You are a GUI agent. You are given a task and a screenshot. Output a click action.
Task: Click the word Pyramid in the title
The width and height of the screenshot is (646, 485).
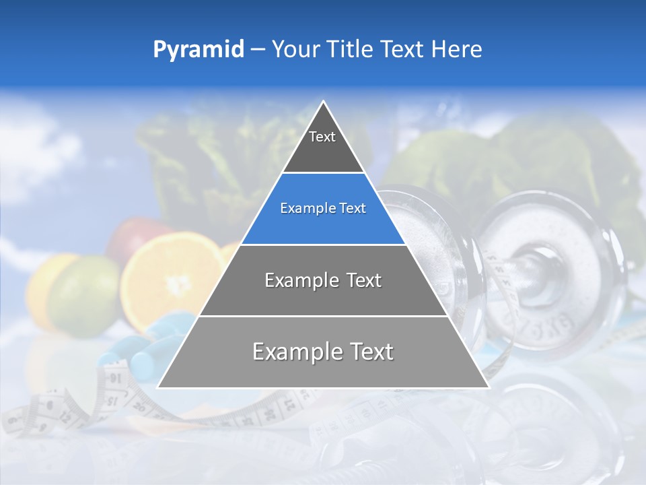[199, 50]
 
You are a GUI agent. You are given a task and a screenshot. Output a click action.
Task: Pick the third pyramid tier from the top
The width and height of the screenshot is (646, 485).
[323, 281]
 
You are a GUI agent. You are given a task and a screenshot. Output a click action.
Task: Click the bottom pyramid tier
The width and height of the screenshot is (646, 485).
[323, 352]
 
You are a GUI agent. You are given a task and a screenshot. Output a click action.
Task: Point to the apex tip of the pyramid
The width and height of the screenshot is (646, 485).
[323, 102]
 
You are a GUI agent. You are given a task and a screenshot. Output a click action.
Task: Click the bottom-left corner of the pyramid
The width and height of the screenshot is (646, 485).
[158, 387]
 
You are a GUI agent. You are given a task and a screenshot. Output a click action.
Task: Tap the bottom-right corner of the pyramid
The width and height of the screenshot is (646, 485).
[489, 387]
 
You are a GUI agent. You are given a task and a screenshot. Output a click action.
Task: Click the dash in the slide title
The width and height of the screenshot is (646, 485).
[257, 50]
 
